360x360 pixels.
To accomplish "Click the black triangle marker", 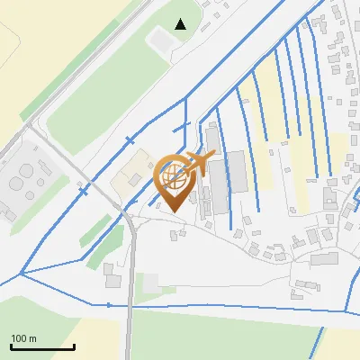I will (181, 24).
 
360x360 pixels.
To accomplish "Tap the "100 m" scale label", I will (23, 338).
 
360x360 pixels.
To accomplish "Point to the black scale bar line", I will (42, 346).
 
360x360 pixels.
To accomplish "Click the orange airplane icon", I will (199, 164).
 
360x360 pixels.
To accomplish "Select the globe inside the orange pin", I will (173, 178).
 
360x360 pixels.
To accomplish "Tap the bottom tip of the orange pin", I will (173, 211).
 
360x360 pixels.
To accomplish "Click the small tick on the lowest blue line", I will (110, 305).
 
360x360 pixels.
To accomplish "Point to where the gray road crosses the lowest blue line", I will (130, 306).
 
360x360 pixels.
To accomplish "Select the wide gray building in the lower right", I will (323, 259).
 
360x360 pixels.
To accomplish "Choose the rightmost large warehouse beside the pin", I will (236, 171).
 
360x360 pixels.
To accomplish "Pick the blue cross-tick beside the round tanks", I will (85, 191).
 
